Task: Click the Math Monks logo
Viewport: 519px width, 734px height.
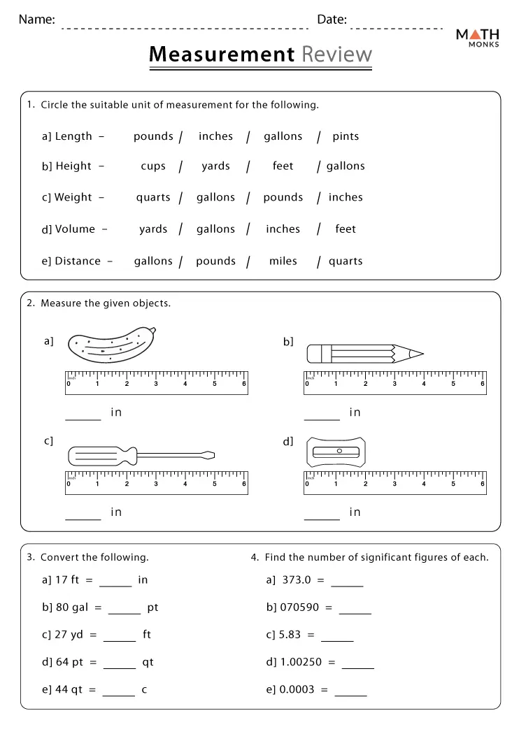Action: tap(477, 39)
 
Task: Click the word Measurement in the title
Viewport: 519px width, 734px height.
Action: tap(222, 55)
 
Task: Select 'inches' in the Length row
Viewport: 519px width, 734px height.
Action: tap(215, 136)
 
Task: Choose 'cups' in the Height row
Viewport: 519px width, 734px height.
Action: tap(153, 166)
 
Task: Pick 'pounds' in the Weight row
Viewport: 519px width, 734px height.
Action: tap(283, 197)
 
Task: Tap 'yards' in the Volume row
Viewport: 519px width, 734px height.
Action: tap(153, 229)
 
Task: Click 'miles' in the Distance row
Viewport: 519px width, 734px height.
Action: tap(283, 261)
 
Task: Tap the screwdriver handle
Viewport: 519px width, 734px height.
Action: tap(102, 456)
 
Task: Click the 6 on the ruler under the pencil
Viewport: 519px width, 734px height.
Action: tap(483, 384)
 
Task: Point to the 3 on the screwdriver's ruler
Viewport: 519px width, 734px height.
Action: tap(156, 484)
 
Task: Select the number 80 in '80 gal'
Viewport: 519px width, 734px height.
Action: tap(62, 607)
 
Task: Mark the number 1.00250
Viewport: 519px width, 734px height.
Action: tap(302, 662)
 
